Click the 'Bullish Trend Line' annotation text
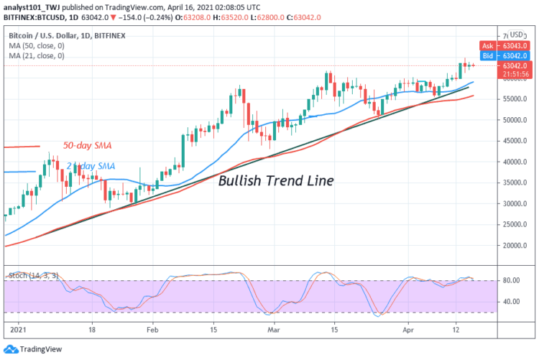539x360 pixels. pos(276,180)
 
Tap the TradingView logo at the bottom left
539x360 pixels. pos(34,348)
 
